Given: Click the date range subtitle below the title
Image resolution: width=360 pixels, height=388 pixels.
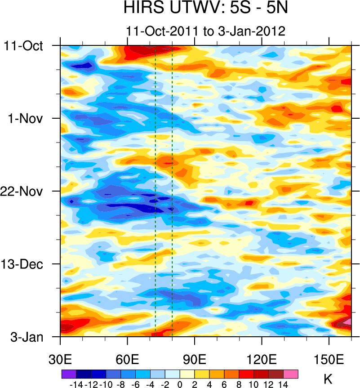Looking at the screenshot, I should [x=206, y=31].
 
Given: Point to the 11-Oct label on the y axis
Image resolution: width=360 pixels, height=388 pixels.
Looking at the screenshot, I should [x=23, y=46].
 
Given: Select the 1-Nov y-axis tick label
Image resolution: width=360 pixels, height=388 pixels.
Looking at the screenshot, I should [x=25, y=119].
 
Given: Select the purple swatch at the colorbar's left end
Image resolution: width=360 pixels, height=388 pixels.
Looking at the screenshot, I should [x=69, y=373].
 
